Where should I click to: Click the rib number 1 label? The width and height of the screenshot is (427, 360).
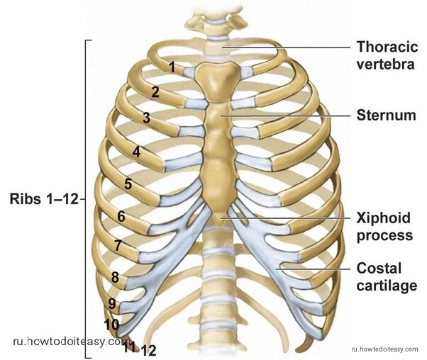point(172,67)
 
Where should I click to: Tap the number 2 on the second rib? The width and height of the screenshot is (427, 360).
point(155,92)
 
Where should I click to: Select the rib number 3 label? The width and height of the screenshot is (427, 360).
point(147,118)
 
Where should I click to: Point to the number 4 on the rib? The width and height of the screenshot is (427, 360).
point(136,152)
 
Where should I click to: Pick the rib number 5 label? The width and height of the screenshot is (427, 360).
point(128,184)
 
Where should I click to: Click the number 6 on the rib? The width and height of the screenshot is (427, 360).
point(121,217)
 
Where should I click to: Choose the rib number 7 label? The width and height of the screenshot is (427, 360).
point(118,245)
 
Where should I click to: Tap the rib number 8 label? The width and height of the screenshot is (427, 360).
point(115,277)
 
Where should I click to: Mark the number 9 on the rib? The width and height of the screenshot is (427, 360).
point(112,303)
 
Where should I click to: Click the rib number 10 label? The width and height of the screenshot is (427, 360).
point(111,325)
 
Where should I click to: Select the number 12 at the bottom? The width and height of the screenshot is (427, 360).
point(149,351)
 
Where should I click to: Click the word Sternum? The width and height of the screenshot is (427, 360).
point(386,116)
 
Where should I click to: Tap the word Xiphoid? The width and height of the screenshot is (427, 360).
point(384,218)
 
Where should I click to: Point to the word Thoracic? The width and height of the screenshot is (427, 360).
point(387,47)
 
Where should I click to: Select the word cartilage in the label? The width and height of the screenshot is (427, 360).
point(387,286)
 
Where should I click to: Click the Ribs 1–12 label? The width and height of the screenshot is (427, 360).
point(44,199)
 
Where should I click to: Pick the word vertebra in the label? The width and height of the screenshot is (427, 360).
point(386,64)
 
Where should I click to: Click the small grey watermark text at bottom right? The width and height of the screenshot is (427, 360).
point(384,349)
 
